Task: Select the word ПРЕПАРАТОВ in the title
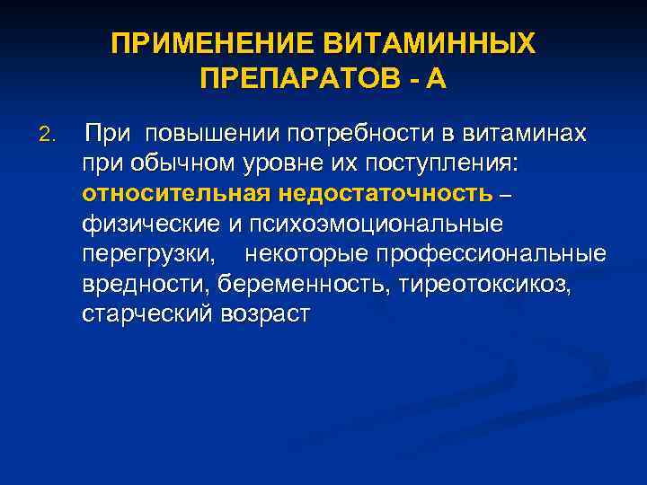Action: tap(293, 80)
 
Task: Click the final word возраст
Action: tap(265, 313)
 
